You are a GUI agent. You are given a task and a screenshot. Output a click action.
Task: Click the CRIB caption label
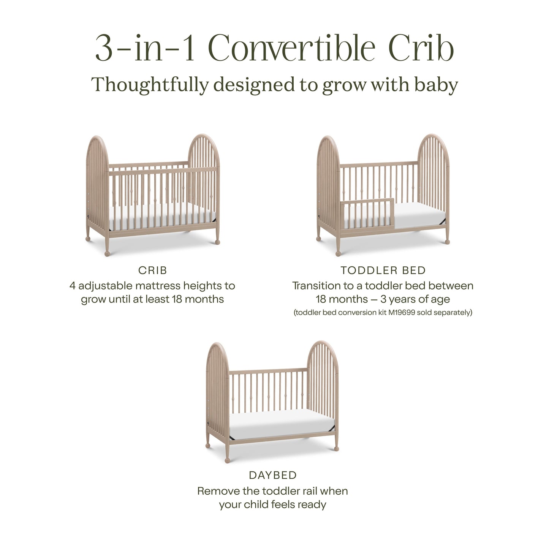coord(152,271)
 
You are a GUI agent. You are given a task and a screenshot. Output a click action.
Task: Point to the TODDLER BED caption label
coord(383,271)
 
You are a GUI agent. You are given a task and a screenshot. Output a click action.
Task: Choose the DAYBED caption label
coord(272,475)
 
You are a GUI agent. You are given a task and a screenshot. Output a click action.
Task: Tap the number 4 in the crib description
coord(73,286)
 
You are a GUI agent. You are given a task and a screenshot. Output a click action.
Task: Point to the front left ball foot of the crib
coord(107,253)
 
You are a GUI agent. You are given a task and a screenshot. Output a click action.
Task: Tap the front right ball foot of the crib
coord(218,241)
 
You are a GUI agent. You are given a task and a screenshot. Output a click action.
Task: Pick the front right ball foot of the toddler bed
coord(447,241)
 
